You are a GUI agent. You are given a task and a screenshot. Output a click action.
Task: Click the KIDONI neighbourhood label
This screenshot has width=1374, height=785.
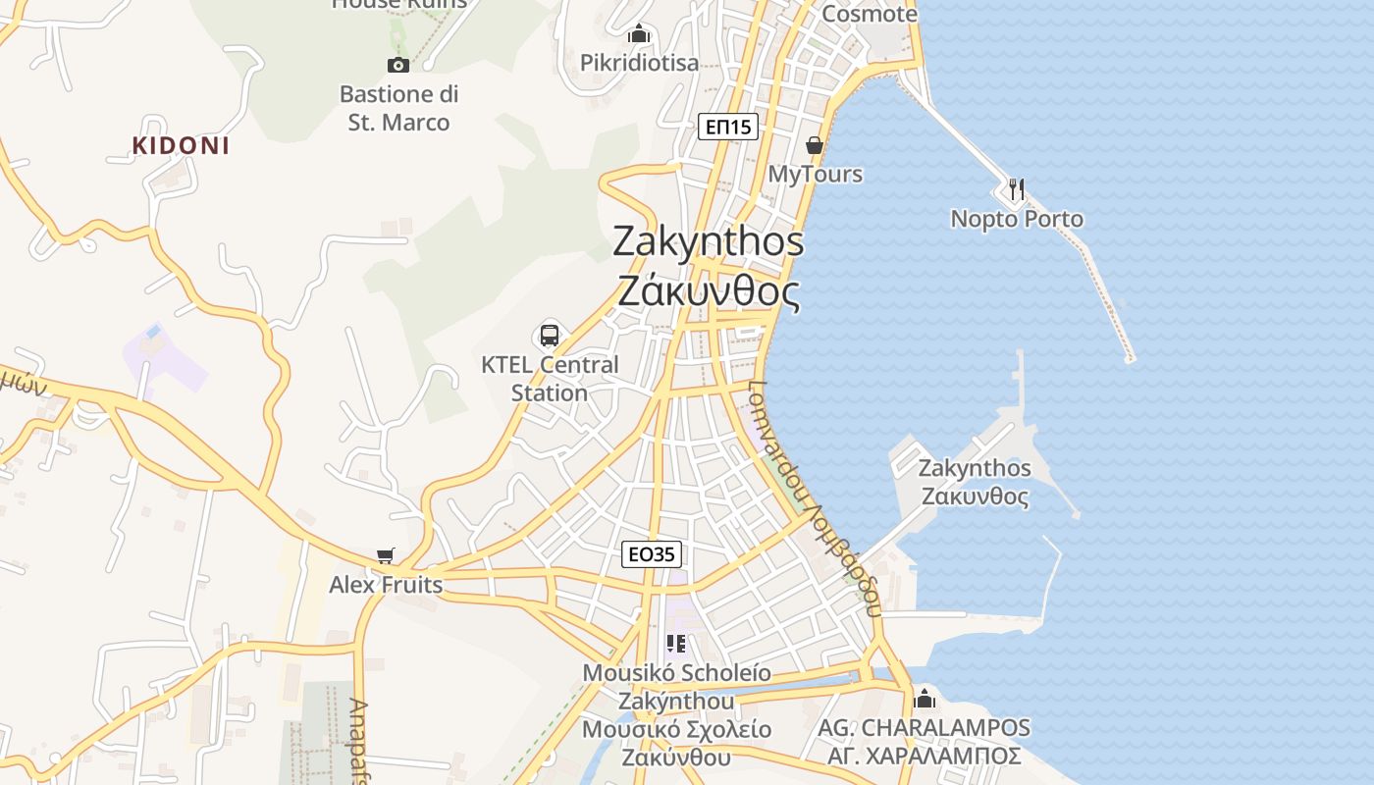pyautogui.click(x=181, y=146)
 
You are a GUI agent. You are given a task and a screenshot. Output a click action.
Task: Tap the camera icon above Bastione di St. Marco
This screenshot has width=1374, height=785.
pyautogui.click(x=397, y=65)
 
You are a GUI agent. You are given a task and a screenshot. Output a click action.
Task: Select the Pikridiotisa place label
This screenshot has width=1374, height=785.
pyautogui.click(x=639, y=63)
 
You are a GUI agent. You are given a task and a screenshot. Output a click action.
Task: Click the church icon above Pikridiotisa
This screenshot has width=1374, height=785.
pyautogui.click(x=640, y=34)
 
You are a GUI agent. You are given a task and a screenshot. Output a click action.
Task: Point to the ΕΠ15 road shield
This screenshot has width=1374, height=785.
pyautogui.click(x=728, y=126)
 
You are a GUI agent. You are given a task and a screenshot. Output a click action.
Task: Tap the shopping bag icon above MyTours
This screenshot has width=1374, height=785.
pyautogui.click(x=815, y=145)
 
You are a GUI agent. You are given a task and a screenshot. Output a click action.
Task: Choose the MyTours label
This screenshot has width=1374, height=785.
pyautogui.click(x=815, y=174)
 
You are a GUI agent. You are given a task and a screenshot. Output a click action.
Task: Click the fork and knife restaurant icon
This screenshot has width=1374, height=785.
pyautogui.click(x=1016, y=189)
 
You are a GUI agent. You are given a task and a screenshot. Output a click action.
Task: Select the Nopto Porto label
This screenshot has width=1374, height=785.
pyautogui.click(x=1017, y=219)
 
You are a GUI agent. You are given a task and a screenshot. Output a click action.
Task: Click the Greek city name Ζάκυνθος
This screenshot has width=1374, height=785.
pyautogui.click(x=709, y=291)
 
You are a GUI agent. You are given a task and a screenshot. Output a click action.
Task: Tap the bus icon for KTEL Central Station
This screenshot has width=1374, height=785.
pyautogui.click(x=550, y=336)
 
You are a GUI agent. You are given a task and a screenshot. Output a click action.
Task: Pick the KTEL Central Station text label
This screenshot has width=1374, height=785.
pyautogui.click(x=550, y=378)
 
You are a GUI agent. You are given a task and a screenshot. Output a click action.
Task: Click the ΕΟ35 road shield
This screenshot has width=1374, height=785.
pyautogui.click(x=652, y=554)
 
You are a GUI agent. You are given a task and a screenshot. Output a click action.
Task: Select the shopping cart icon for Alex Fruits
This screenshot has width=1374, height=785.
pyautogui.click(x=386, y=556)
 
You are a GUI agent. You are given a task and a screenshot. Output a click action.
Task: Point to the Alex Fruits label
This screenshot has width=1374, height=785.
pyautogui.click(x=386, y=586)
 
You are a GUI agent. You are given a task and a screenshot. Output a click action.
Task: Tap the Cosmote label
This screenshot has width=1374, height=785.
pyautogui.click(x=869, y=14)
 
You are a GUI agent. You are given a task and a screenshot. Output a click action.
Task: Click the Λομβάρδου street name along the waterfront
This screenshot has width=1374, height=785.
pyautogui.click(x=840, y=554)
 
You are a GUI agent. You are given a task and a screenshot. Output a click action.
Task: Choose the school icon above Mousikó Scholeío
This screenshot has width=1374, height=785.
pyautogui.click(x=675, y=644)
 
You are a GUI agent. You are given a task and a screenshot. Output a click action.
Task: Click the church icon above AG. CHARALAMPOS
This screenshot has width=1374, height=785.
pyautogui.click(x=924, y=699)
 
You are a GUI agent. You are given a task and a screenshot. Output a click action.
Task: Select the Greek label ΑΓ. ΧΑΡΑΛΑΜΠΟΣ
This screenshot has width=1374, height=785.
pyautogui.click(x=924, y=757)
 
